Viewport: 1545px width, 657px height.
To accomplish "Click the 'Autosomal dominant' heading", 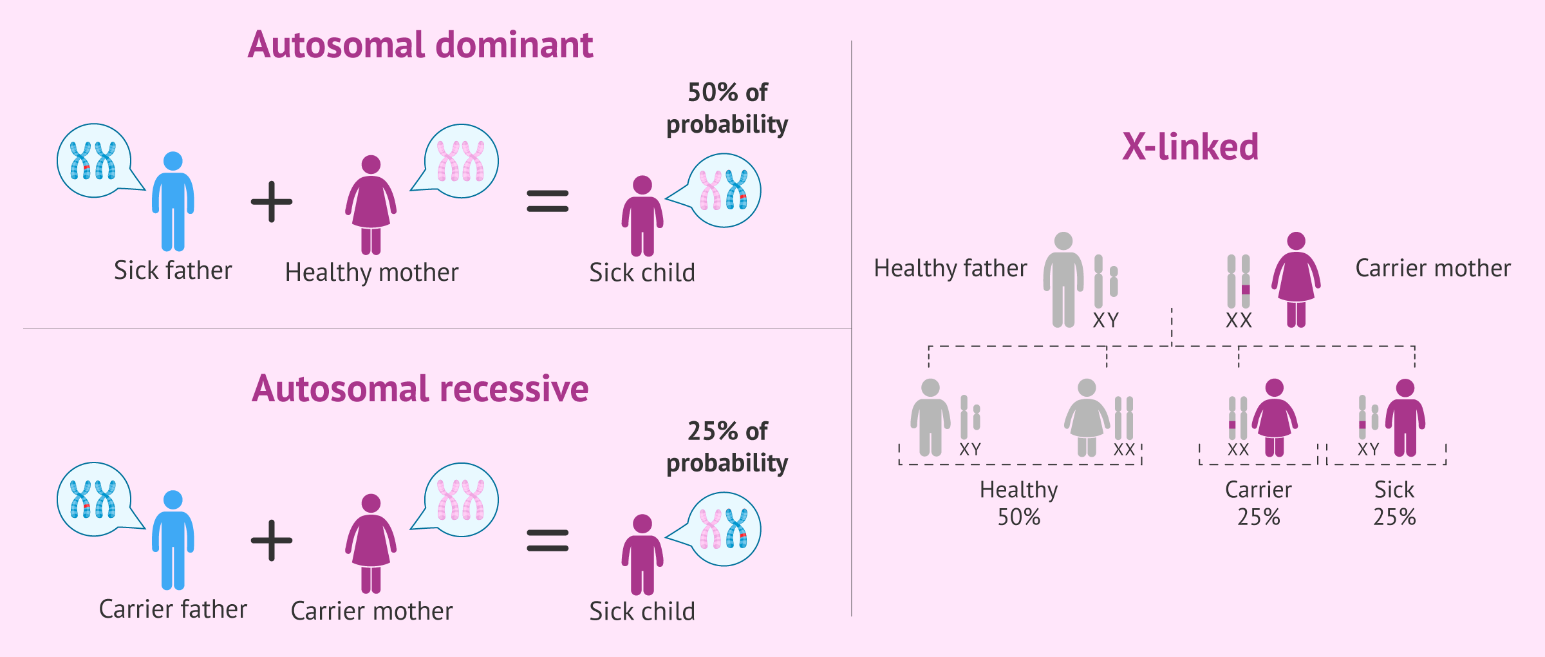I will coord(420,45).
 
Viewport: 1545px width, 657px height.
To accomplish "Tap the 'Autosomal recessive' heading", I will coord(420,389).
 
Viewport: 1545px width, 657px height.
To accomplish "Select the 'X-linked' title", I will coord(1190,147).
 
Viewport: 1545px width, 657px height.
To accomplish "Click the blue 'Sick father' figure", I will coord(173,201).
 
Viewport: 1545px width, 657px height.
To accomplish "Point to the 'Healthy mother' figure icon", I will coord(371,205).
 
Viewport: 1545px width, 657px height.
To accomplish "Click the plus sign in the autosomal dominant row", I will coord(272,202).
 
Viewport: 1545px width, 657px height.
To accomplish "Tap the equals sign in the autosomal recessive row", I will coord(547,540).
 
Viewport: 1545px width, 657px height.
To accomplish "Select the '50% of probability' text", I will coord(727,108).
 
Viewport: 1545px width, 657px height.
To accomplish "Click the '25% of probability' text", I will coord(727,447).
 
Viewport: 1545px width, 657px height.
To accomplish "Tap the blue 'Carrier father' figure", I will coord(173,540).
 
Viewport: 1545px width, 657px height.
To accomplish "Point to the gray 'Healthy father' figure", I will coord(1063,280).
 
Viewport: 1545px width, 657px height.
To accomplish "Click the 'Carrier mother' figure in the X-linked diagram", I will coord(1296,280).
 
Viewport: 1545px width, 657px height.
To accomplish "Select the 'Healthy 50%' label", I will coord(1018,503).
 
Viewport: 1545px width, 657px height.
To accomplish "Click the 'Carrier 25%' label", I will coord(1258,503).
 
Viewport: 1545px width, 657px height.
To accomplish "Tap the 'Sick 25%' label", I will coord(1394,503).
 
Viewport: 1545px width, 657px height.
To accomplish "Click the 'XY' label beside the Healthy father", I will coord(1105,320).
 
